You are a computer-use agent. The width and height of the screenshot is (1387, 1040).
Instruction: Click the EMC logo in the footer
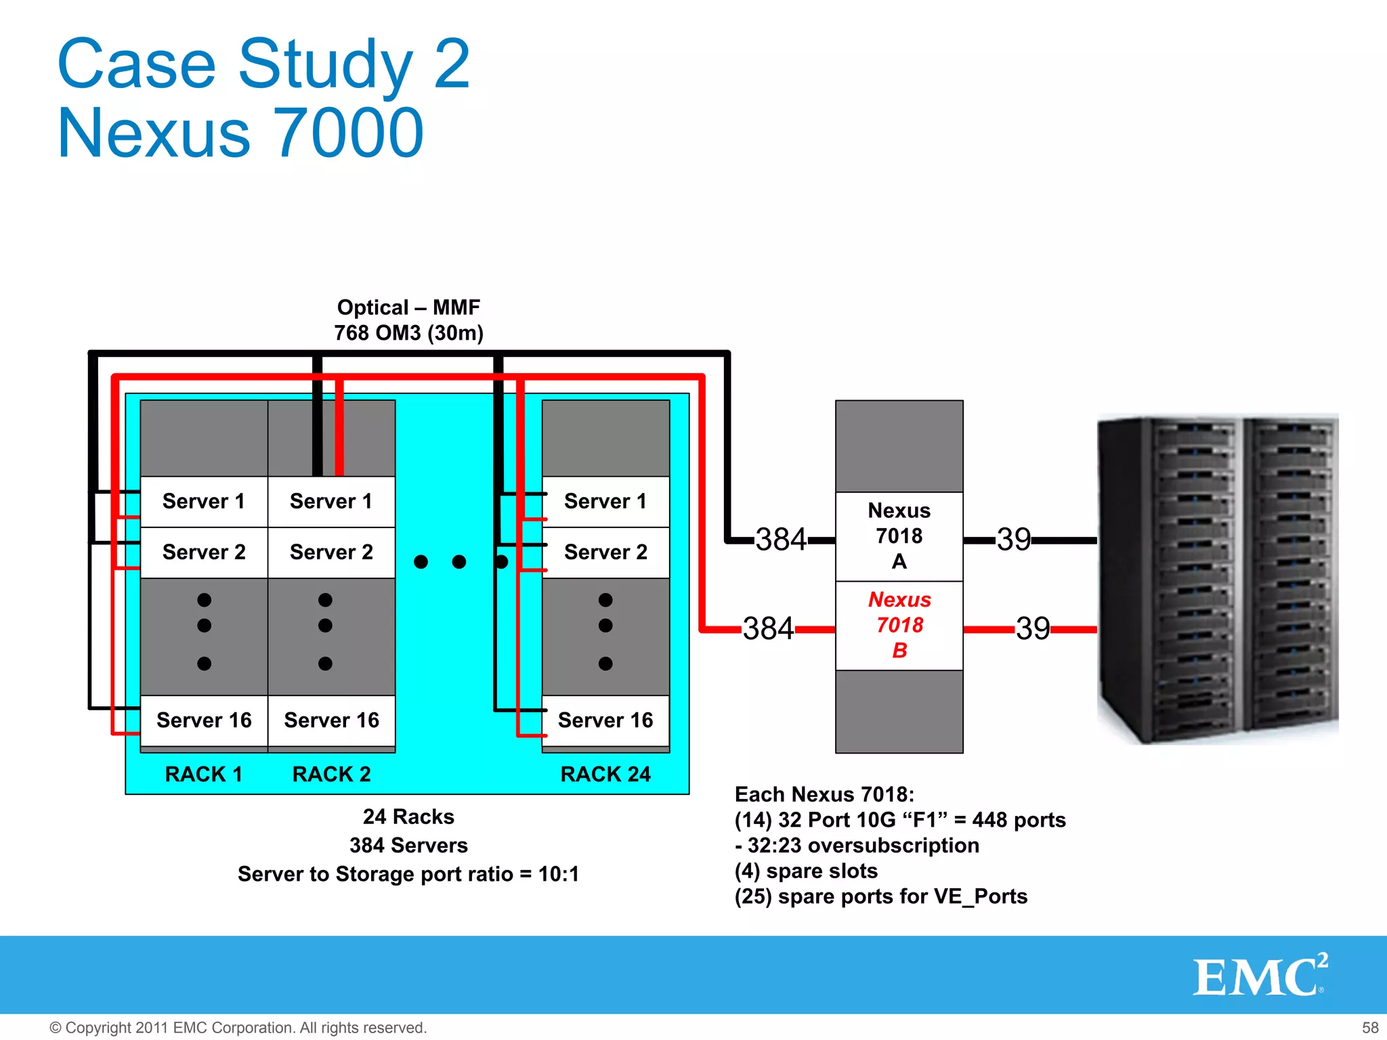(x=1260, y=976)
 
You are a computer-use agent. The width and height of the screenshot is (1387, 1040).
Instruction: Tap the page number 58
(x=1370, y=1028)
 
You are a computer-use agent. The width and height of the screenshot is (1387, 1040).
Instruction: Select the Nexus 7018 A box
(x=899, y=536)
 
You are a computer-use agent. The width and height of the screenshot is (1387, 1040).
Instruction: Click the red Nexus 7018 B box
(x=899, y=626)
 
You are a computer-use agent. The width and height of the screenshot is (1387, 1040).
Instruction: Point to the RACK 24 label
(x=605, y=774)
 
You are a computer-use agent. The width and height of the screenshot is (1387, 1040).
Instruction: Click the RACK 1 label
(x=204, y=774)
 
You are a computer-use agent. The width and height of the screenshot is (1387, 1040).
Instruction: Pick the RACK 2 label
(x=331, y=774)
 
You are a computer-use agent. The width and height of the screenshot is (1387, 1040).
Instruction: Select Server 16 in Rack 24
(x=605, y=720)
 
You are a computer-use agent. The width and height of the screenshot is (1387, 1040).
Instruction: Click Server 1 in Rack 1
(x=204, y=502)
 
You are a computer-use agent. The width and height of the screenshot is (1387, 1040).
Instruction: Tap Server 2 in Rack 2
(x=331, y=552)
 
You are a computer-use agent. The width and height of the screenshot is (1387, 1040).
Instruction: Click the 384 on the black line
(x=781, y=540)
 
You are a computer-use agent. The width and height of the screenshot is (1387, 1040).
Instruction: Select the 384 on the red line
(x=768, y=628)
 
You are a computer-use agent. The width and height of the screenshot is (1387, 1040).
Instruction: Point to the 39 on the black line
(x=1013, y=540)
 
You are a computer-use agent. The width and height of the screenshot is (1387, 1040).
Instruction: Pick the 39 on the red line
(x=1033, y=628)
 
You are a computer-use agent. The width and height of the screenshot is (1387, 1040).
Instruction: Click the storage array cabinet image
(x=1217, y=580)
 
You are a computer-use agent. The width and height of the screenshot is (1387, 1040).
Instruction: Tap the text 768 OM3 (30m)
(x=408, y=333)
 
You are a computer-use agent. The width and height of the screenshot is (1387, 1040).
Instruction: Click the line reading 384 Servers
(x=408, y=846)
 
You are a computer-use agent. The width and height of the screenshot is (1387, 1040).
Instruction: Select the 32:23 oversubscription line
(x=857, y=846)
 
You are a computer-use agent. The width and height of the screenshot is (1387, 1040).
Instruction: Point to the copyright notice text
(x=238, y=1028)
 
